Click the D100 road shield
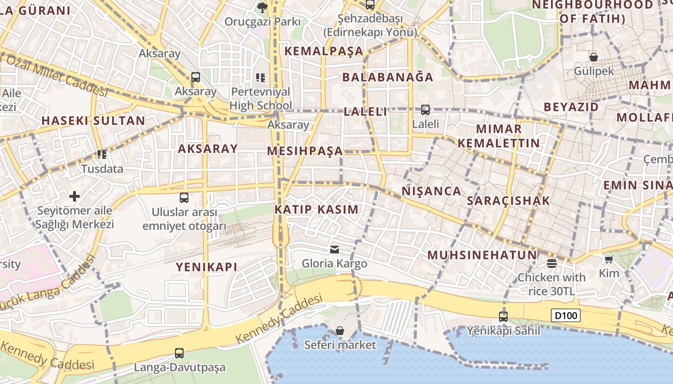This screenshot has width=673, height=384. point(566,315)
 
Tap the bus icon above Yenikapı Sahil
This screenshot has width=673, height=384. point(503,317)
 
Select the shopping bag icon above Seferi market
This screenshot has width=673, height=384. point(340,331)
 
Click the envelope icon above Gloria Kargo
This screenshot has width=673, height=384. point(334,249)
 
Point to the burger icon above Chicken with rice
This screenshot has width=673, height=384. point(551,263)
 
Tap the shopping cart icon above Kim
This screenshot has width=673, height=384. point(609,260)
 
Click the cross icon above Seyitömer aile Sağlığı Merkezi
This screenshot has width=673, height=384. point(75,196)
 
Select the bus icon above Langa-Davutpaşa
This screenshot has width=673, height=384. point(179,353)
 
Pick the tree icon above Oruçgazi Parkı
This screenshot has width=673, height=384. point(262,7)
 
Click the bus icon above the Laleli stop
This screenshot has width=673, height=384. point(425,110)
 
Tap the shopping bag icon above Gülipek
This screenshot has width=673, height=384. point(594,57)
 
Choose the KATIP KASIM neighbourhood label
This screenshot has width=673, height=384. point(316,209)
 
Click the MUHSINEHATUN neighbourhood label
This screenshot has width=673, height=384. point(482,255)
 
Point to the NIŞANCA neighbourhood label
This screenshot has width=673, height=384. point(431,191)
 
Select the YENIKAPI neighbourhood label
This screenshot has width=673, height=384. point(206,267)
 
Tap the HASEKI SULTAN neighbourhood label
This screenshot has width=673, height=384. point(93,120)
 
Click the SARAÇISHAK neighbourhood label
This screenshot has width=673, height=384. point(508,201)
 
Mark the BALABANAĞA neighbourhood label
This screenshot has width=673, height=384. point(387,77)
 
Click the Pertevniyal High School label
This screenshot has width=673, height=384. point(261,98)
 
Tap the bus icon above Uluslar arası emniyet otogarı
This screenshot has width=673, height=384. point(184,198)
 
